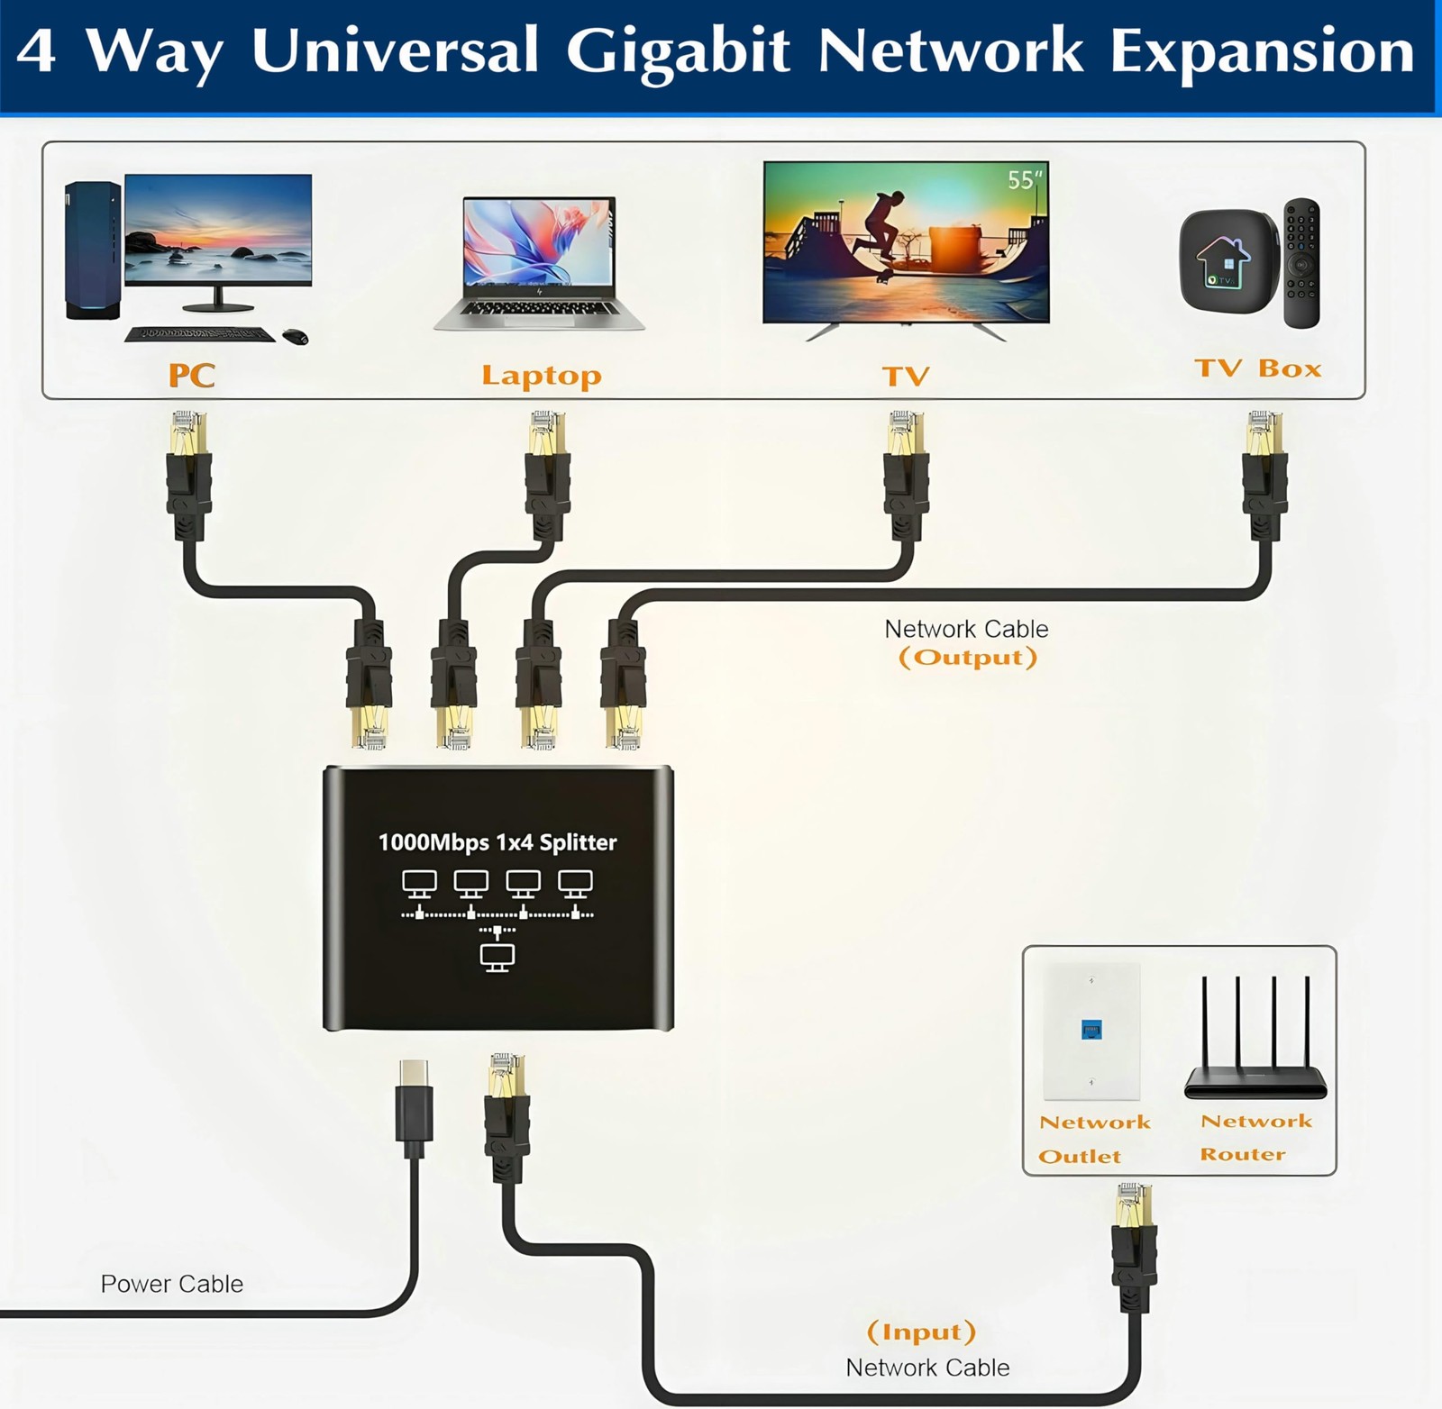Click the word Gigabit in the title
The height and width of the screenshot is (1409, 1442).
point(678,52)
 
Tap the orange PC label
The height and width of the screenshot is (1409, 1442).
point(191,375)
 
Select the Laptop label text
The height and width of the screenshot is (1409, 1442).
point(541,375)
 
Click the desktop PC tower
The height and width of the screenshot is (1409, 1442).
point(92,250)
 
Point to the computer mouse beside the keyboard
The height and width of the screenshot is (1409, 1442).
point(296,337)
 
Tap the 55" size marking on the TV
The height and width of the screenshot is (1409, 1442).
point(1024,180)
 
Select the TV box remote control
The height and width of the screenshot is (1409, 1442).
point(1301,263)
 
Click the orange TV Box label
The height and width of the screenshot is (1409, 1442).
point(1257,368)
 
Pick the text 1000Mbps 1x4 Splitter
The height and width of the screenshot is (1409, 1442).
point(497,842)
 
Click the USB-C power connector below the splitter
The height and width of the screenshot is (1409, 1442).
point(414,1106)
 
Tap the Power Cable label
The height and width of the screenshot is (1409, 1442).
point(171,1284)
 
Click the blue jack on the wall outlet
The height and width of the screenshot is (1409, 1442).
point(1091,1030)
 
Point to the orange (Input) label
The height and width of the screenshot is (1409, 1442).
point(921,1332)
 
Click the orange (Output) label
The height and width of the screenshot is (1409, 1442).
point(968,658)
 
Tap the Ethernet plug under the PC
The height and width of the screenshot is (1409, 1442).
point(189,473)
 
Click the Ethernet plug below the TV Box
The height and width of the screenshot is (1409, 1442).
point(1264,473)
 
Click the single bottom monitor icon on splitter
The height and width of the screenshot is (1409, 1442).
point(497,957)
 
